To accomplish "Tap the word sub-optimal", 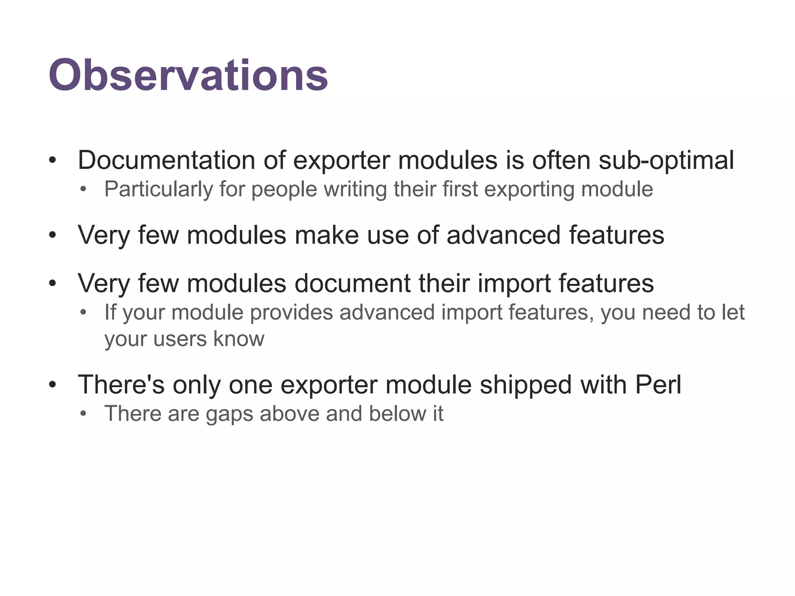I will click(666, 160).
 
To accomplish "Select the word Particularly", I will click(158, 189).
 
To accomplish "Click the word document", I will click(352, 283).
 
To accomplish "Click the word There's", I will click(121, 385).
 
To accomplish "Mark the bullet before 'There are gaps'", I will click(82, 414).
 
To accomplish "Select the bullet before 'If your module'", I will click(82, 312).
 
